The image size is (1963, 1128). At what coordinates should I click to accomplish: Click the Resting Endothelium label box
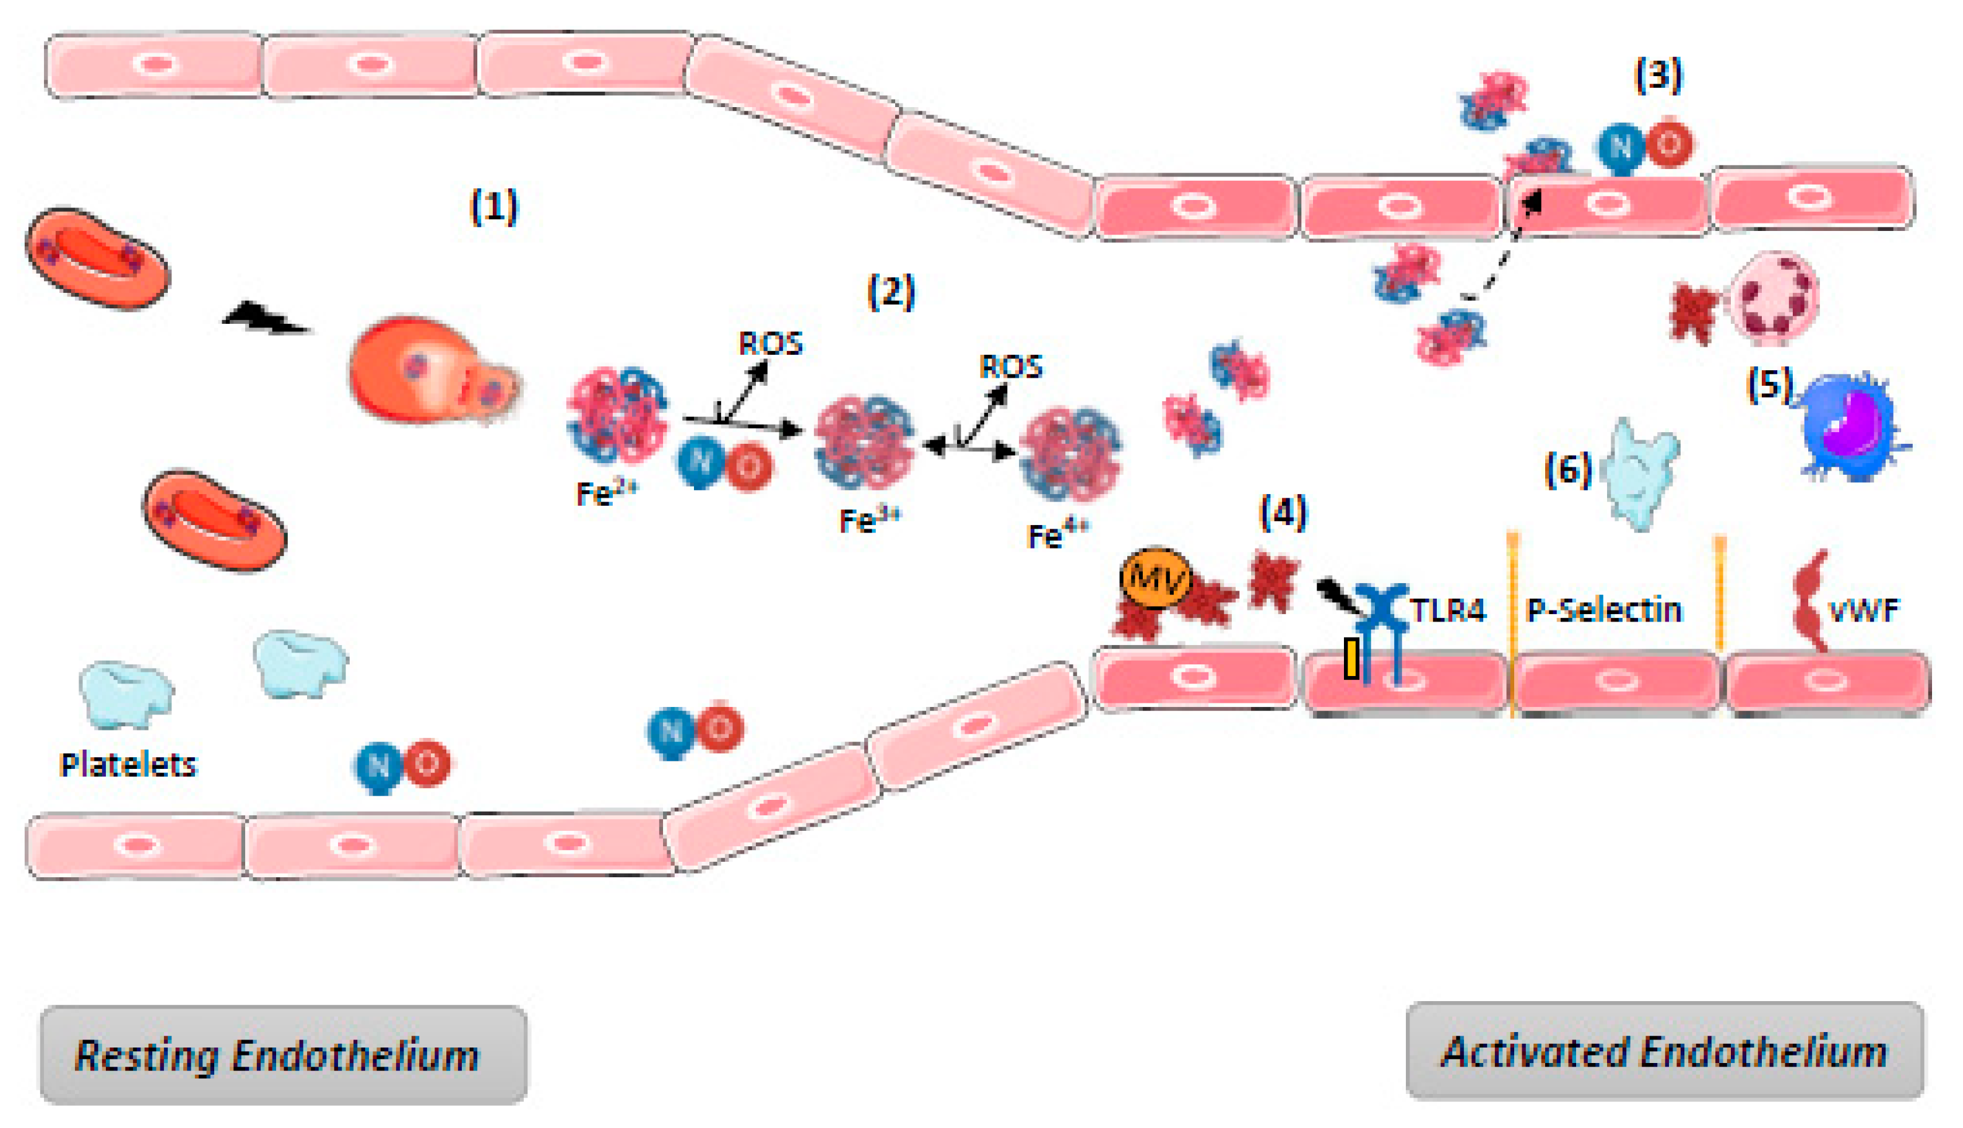point(284,1054)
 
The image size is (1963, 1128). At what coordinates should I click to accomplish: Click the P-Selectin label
point(1603,610)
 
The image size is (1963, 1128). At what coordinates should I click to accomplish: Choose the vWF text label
point(1864,611)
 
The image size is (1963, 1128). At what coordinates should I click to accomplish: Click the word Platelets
point(129,765)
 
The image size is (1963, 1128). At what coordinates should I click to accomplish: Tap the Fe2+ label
point(606,493)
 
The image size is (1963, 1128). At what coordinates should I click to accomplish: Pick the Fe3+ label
point(869,520)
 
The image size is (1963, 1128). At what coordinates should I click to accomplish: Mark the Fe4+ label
point(1057,534)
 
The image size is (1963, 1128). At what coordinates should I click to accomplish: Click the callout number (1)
point(494,207)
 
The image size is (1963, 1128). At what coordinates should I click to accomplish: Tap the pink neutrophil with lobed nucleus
point(1774,298)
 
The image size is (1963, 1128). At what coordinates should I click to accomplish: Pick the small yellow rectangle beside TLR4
point(1351,659)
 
